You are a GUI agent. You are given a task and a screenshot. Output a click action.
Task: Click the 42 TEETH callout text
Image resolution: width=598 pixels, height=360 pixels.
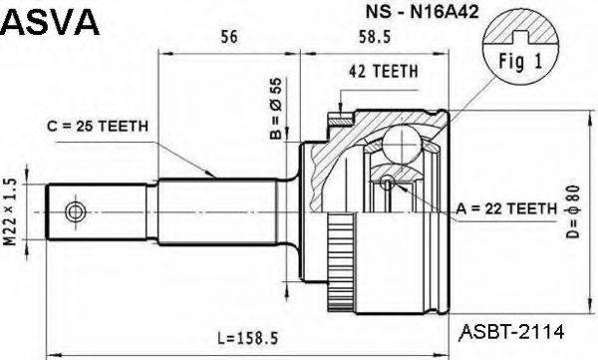click(383, 71)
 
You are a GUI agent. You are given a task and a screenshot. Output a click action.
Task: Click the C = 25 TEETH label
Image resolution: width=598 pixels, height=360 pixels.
click(97, 126)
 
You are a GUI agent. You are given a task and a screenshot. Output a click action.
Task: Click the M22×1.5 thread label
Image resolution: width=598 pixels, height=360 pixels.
click(13, 212)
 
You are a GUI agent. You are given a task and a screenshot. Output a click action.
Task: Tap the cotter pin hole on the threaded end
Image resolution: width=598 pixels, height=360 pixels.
click(75, 212)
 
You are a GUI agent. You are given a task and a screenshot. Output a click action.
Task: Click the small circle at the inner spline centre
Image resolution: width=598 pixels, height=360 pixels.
click(388, 181)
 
